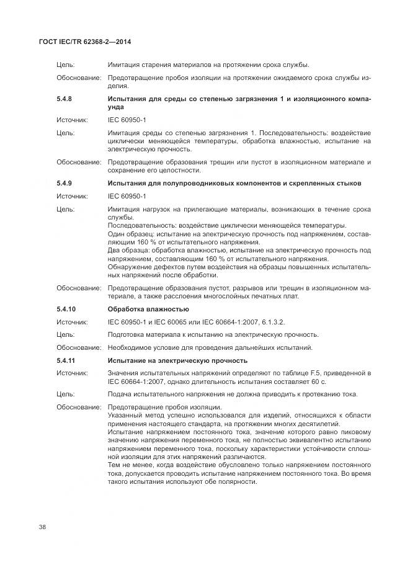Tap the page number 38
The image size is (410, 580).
pyautogui.click(x=42, y=527)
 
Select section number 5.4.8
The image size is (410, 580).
pyautogui.click(x=65, y=99)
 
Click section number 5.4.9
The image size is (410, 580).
pyautogui.click(x=65, y=184)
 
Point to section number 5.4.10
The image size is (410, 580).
pyautogui.click(x=66, y=308)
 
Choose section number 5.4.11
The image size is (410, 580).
pyautogui.click(x=66, y=360)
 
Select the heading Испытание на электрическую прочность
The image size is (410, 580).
pyautogui.click(x=177, y=360)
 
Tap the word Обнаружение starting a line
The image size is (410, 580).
pyautogui.click(x=131, y=267)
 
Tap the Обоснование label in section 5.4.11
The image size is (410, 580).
pyautogui.click(x=79, y=407)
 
